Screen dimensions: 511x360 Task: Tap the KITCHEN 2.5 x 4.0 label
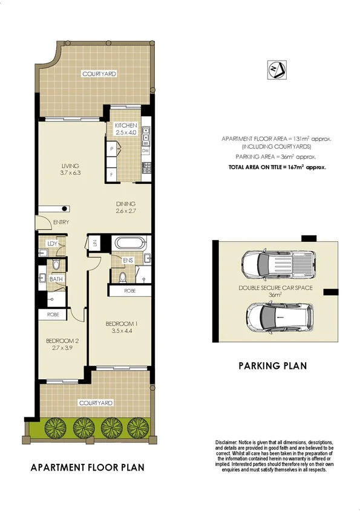tap(127, 129)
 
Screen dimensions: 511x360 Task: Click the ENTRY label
tap(61, 223)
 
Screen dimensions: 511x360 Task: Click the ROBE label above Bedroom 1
tap(129, 291)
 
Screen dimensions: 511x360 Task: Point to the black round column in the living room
tap(63, 209)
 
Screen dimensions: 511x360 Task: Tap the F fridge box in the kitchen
tap(111, 175)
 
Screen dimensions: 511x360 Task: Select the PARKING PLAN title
tap(272, 365)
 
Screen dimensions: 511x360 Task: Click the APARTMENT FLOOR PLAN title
tap(88, 467)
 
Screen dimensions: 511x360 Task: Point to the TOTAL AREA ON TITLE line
tap(277, 166)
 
